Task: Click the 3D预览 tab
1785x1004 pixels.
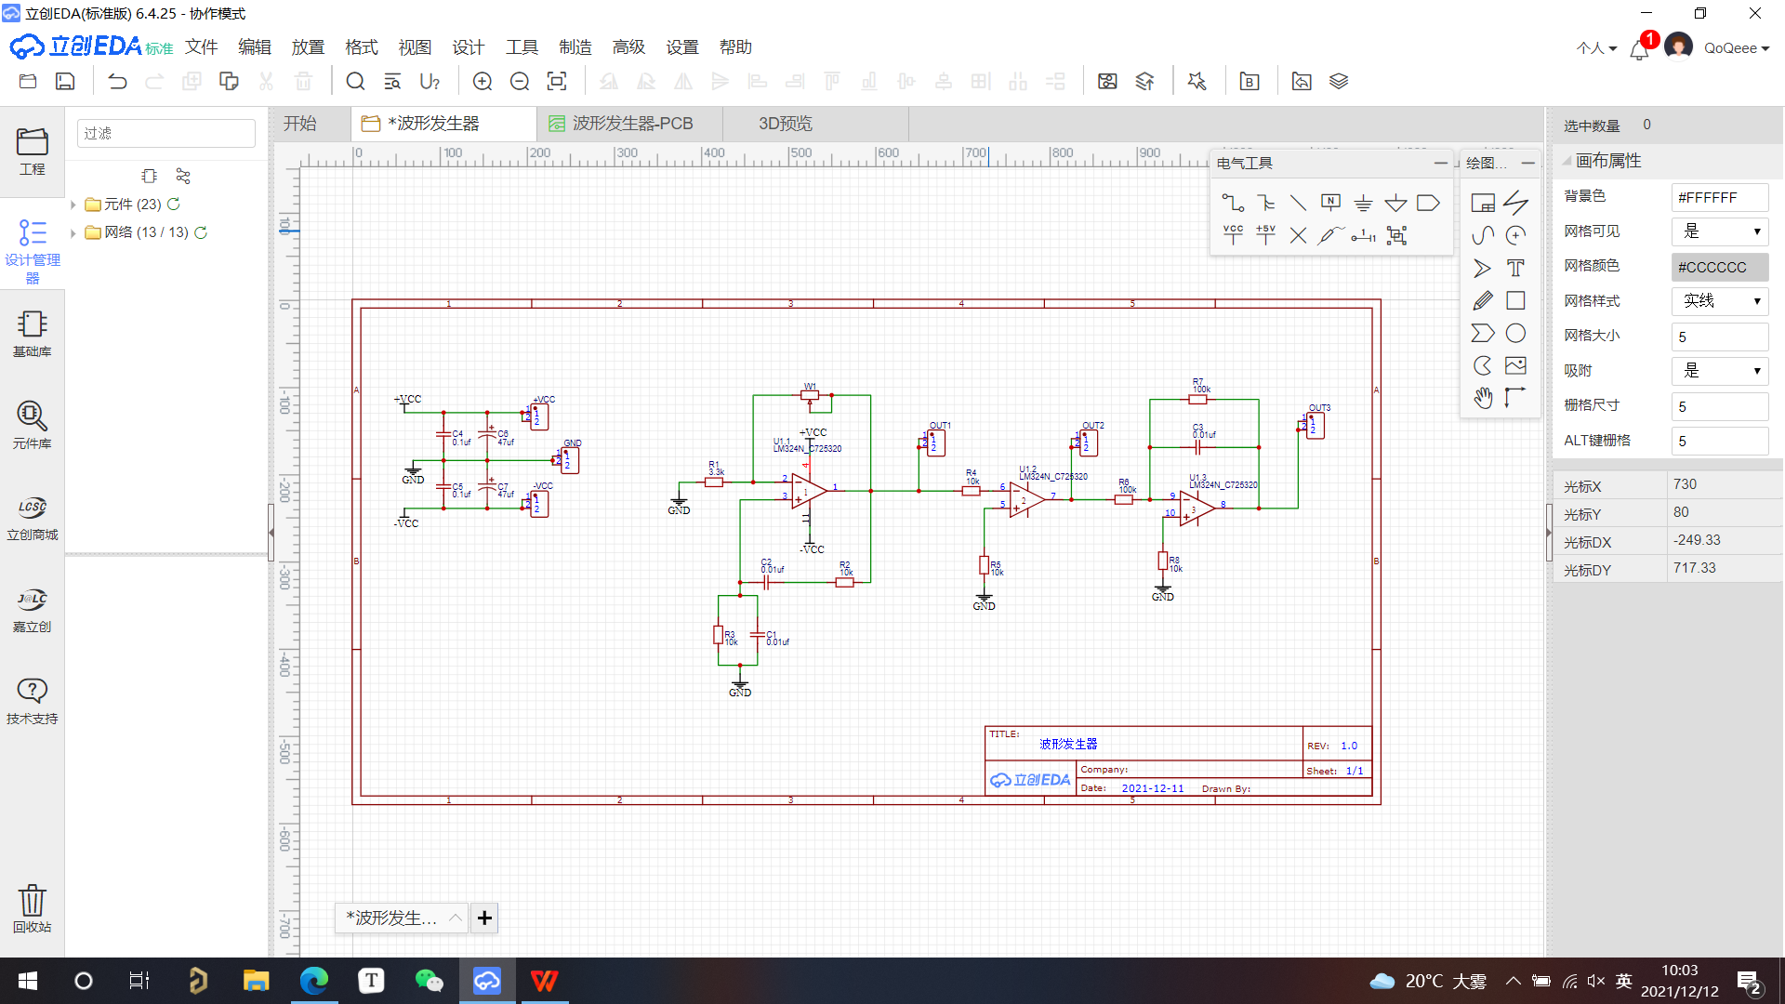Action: (785, 124)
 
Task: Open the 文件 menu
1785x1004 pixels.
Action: (201, 47)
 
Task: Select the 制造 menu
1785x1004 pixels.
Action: (575, 47)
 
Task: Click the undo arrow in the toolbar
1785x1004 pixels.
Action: (117, 82)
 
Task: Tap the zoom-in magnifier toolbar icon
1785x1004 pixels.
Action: (483, 82)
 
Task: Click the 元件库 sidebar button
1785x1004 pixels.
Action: (32, 424)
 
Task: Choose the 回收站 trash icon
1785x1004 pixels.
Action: (32, 907)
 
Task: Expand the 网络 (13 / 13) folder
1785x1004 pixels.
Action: (73, 232)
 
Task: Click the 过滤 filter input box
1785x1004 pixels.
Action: (165, 134)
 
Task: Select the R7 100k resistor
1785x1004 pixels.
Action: (1197, 399)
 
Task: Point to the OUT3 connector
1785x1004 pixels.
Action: (1314, 425)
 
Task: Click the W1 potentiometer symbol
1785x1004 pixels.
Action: (810, 395)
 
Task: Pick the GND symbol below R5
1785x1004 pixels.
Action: (984, 600)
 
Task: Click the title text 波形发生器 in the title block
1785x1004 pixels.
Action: (1068, 744)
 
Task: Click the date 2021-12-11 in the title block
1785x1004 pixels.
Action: (1153, 788)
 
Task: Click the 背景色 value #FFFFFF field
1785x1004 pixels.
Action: (1719, 197)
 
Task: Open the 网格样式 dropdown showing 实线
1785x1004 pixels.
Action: (1720, 301)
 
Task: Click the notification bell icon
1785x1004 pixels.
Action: (1639, 49)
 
